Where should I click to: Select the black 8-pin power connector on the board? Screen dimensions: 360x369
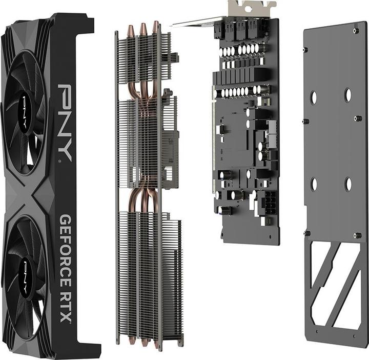point(270,204)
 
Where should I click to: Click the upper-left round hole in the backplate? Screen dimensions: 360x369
point(313,97)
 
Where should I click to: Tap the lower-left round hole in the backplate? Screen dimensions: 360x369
point(314,184)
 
